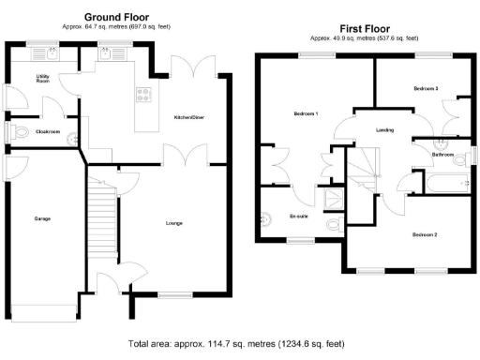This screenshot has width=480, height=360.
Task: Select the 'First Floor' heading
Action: (x=365, y=28)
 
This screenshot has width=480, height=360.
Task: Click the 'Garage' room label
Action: (x=42, y=218)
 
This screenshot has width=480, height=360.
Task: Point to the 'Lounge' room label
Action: (x=173, y=223)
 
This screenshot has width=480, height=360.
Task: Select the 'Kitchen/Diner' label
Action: (x=190, y=116)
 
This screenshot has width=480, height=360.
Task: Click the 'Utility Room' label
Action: (x=43, y=78)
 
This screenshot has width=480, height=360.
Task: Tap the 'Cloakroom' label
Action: (x=48, y=132)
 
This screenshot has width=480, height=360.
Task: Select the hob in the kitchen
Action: (x=145, y=94)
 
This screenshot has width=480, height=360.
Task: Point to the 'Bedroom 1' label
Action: (x=306, y=113)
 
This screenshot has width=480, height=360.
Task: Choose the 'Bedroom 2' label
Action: (x=424, y=233)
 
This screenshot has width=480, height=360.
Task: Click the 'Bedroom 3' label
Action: (x=425, y=88)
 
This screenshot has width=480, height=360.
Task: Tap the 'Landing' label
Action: (x=384, y=130)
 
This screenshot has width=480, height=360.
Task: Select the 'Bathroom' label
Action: (x=442, y=154)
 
